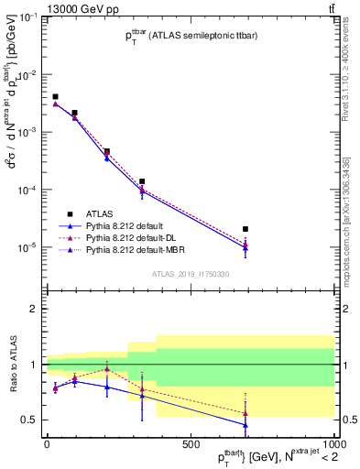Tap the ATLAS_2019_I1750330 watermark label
point(191,273)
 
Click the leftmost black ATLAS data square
point(55,96)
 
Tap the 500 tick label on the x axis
point(191,442)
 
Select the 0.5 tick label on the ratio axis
point(30,420)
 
